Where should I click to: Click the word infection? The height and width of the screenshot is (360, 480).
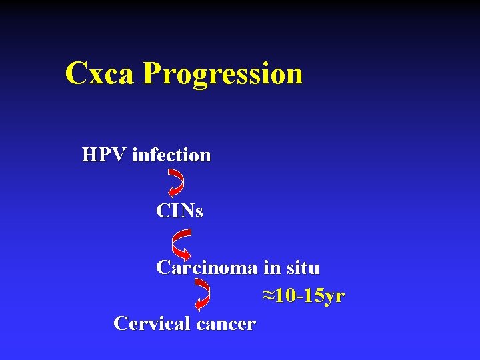pyautogui.click(x=171, y=155)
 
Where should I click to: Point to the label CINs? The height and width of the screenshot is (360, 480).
pyautogui.click(x=179, y=211)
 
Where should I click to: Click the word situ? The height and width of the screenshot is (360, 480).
pyautogui.click(x=302, y=268)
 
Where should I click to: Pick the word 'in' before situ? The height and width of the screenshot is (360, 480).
pyautogui.click(x=271, y=268)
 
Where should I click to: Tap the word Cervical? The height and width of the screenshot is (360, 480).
pyautogui.click(x=152, y=323)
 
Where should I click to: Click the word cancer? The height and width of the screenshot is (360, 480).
pyautogui.click(x=227, y=324)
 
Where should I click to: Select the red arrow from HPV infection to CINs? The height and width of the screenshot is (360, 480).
pyautogui.click(x=177, y=181)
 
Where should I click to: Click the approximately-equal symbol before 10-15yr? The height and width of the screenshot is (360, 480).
pyautogui.click(x=268, y=296)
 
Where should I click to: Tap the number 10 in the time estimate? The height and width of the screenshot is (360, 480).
pyautogui.click(x=285, y=296)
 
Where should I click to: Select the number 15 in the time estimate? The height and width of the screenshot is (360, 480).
pyautogui.click(x=312, y=296)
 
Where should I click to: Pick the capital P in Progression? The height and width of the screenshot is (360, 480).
pyautogui.click(x=151, y=73)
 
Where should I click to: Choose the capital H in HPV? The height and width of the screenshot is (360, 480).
pyautogui.click(x=89, y=155)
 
